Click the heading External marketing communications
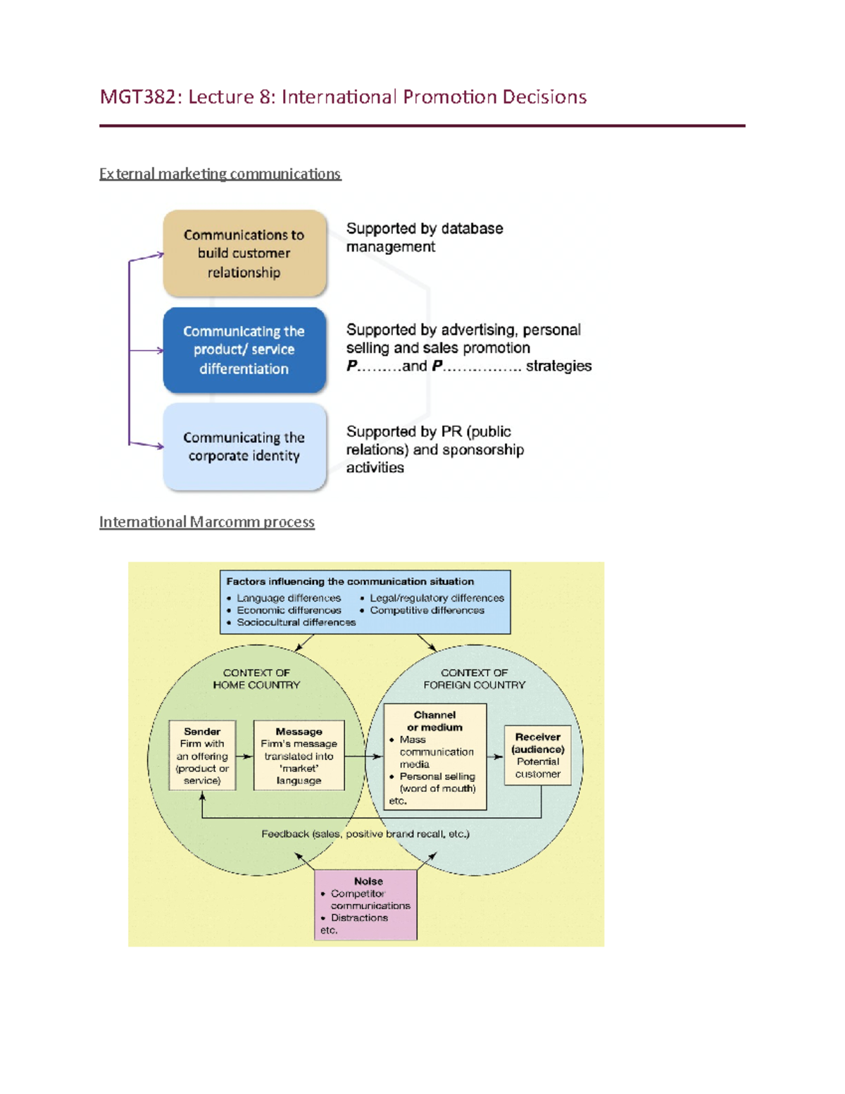(x=220, y=174)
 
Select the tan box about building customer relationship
(x=244, y=253)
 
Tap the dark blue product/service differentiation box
(x=244, y=350)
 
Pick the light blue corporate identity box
(x=244, y=447)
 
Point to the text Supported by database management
(x=425, y=237)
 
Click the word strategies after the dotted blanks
(x=558, y=366)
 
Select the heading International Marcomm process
(x=207, y=522)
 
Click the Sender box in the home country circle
(x=202, y=756)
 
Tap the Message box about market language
(x=299, y=755)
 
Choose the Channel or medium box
(x=435, y=757)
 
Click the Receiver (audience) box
(x=538, y=755)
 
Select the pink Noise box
(x=366, y=905)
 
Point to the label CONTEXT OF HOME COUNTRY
(x=256, y=678)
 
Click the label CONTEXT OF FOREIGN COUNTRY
(x=474, y=678)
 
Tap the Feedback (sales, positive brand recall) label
(x=365, y=834)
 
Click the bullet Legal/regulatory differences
(x=433, y=598)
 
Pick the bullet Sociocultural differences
(x=292, y=622)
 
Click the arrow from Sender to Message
(x=244, y=756)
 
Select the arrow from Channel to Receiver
(x=496, y=757)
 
